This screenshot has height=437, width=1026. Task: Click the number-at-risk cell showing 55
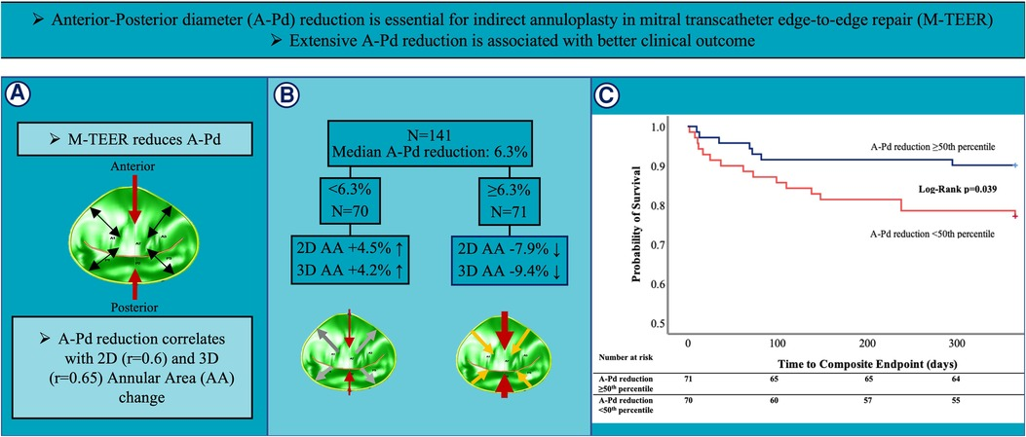coord(954,400)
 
